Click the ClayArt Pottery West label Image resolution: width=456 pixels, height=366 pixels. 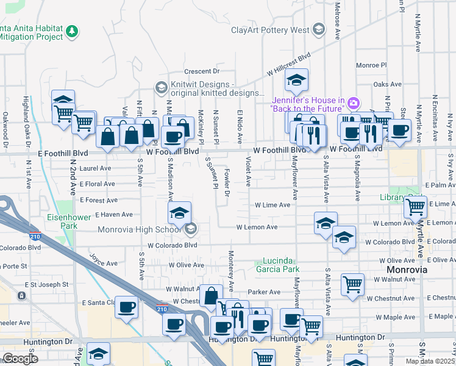(270, 30)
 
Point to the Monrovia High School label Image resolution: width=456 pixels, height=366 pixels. (138, 229)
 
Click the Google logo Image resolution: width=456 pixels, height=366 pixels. (20, 359)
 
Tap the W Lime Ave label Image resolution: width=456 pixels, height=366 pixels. (273, 206)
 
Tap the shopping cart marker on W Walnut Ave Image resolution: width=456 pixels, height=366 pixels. (353, 284)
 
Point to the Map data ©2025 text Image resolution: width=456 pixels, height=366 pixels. (430, 361)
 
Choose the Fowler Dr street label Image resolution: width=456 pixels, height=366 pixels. (227, 183)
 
